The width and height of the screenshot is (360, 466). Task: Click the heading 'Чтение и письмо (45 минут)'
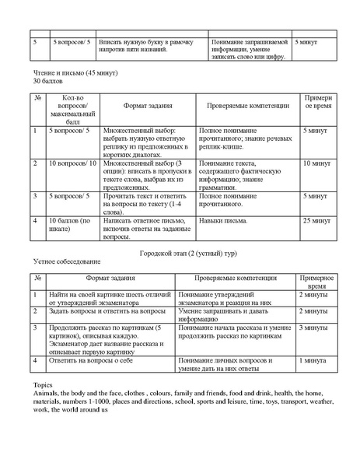coord(67,72)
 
